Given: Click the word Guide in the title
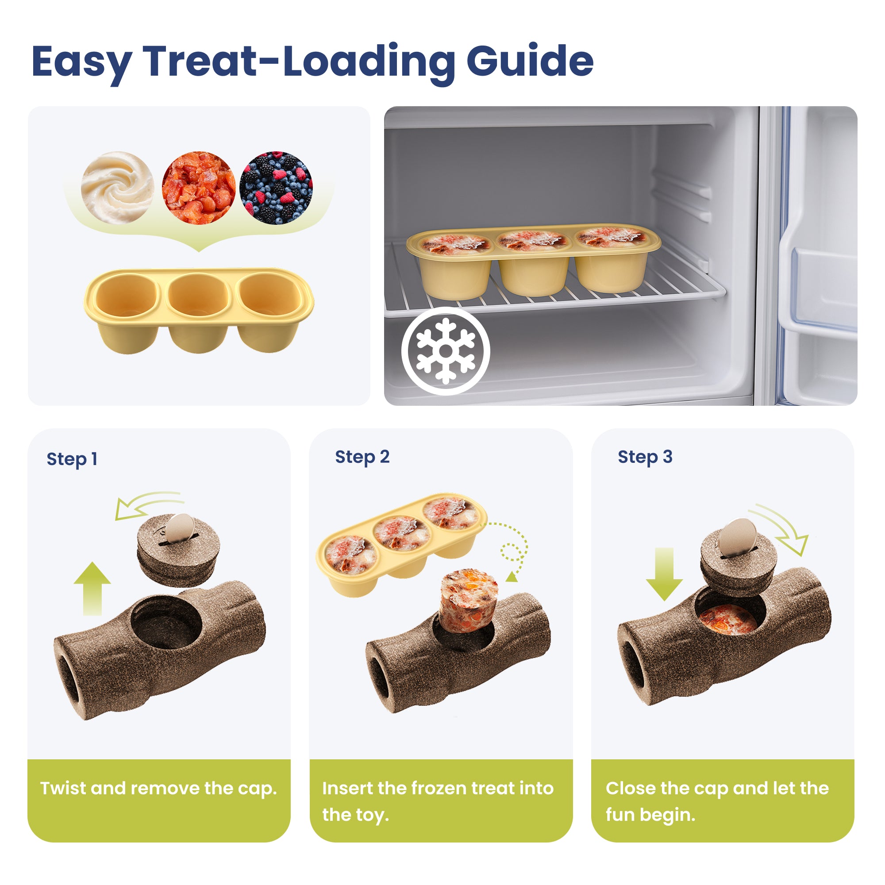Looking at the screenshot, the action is coord(530,62).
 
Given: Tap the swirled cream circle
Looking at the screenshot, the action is coord(117,188).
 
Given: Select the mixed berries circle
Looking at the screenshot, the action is coord(276,188).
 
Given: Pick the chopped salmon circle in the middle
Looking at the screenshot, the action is coord(198,188).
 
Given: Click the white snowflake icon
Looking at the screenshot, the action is coord(446,351).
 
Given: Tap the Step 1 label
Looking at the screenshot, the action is coord(72,459).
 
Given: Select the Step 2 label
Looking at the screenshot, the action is coord(362,457).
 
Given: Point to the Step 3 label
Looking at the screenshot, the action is coord(645,457).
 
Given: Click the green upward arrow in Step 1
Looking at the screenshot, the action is coord(92,588).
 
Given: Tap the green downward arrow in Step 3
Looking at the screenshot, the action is coord(664,574).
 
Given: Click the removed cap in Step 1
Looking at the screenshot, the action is coord(178,550).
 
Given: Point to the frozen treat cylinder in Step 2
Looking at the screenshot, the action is coord(468,600).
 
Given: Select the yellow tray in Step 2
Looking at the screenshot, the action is coord(402,545).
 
